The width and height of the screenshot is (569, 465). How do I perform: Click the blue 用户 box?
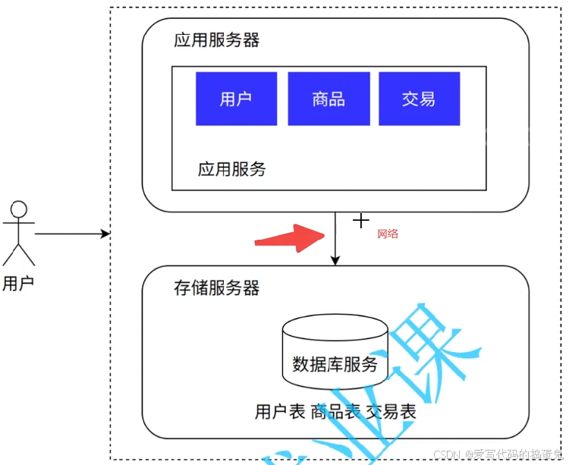click(236, 99)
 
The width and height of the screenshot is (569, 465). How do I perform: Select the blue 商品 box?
click(329, 99)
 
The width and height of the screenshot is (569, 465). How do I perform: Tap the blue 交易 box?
click(419, 99)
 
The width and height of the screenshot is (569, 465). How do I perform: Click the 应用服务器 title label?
click(216, 40)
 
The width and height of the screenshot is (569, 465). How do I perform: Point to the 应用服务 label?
click(231, 169)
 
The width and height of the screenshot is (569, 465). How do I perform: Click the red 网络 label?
click(388, 234)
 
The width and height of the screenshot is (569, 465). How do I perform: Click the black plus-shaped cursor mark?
click(361, 220)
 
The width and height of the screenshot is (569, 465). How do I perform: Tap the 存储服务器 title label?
click(216, 287)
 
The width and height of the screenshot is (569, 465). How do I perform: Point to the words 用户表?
click(280, 412)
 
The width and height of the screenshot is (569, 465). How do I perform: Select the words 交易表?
click(391, 412)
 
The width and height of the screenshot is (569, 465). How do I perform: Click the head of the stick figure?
click(19, 209)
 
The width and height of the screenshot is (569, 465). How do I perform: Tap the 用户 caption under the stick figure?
click(18, 284)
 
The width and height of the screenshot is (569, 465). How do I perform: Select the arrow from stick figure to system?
click(72, 234)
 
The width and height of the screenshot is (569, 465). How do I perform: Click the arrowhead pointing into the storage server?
click(335, 260)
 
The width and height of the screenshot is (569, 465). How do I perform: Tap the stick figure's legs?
click(19, 253)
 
